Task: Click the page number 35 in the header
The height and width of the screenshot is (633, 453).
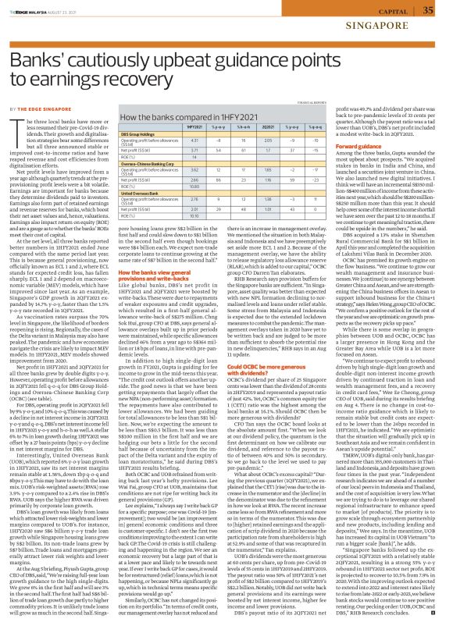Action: click(x=428, y=9)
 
